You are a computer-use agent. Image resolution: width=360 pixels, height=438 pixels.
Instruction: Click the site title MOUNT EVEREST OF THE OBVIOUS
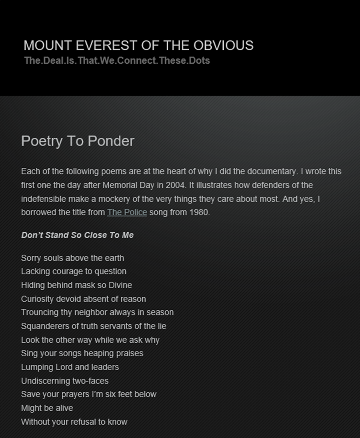tap(138, 46)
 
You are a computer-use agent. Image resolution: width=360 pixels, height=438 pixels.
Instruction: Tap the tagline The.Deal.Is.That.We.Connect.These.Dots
tap(117, 61)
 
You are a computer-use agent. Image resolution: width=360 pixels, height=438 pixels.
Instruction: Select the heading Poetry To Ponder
tap(78, 141)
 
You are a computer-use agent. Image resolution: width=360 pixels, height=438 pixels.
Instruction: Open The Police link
tap(127, 213)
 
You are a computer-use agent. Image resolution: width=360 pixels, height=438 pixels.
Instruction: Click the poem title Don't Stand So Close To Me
tap(77, 235)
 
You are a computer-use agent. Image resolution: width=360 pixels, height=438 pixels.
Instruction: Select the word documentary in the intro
tap(272, 171)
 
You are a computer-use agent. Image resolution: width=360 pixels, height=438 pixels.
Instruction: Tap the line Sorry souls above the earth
tap(72, 258)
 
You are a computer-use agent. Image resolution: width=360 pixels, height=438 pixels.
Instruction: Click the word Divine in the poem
tap(120, 285)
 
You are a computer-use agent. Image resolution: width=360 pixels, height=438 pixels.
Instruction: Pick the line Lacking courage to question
tap(74, 271)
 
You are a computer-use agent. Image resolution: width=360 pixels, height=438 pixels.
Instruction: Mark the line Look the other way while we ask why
tap(90, 340)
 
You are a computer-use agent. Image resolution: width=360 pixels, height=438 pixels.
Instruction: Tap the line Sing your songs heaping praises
tap(82, 354)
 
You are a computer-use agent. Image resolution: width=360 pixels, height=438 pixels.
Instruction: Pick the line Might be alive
tap(47, 408)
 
